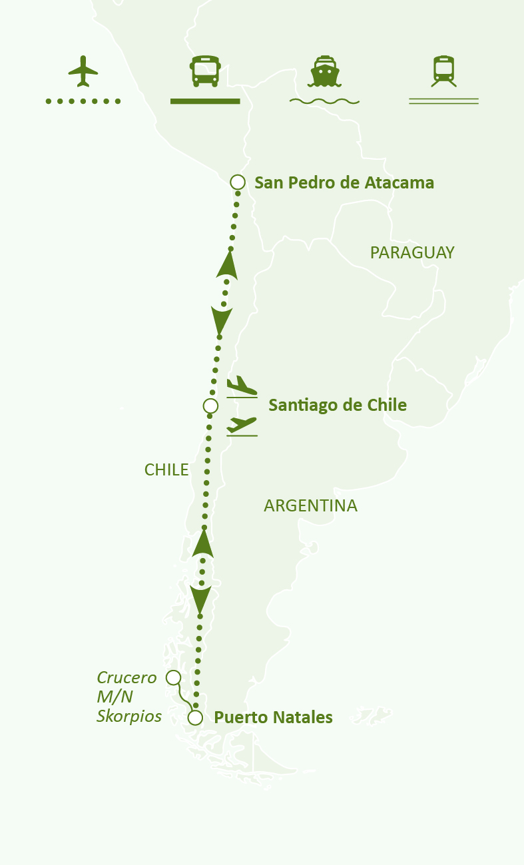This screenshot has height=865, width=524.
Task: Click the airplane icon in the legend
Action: coord(83,71)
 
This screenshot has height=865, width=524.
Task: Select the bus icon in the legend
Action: coord(205,71)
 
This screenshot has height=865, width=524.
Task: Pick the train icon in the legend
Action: coord(443,71)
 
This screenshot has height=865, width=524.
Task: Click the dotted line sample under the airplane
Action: coord(83,101)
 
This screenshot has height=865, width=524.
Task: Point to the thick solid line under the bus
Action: coord(205,101)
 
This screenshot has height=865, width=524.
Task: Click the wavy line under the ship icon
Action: coord(324,101)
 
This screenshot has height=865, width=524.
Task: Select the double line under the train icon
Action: coord(443,101)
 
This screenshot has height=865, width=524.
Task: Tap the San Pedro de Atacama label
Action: coord(344,182)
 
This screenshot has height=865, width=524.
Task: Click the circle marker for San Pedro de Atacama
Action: coord(237,182)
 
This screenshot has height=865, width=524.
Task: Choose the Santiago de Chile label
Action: coord(337,405)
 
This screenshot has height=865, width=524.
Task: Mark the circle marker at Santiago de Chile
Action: coord(210,406)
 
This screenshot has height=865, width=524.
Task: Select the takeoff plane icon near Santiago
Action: coord(241,426)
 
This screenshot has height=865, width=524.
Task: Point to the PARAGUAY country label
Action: coord(412,252)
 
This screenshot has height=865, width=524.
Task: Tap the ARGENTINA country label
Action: coord(310,506)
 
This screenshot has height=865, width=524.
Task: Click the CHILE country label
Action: coord(166,469)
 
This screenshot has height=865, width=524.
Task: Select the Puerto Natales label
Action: coord(273,717)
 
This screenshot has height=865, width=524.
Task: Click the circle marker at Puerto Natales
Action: coord(195,717)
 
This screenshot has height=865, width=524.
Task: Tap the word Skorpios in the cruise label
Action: coord(129,717)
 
